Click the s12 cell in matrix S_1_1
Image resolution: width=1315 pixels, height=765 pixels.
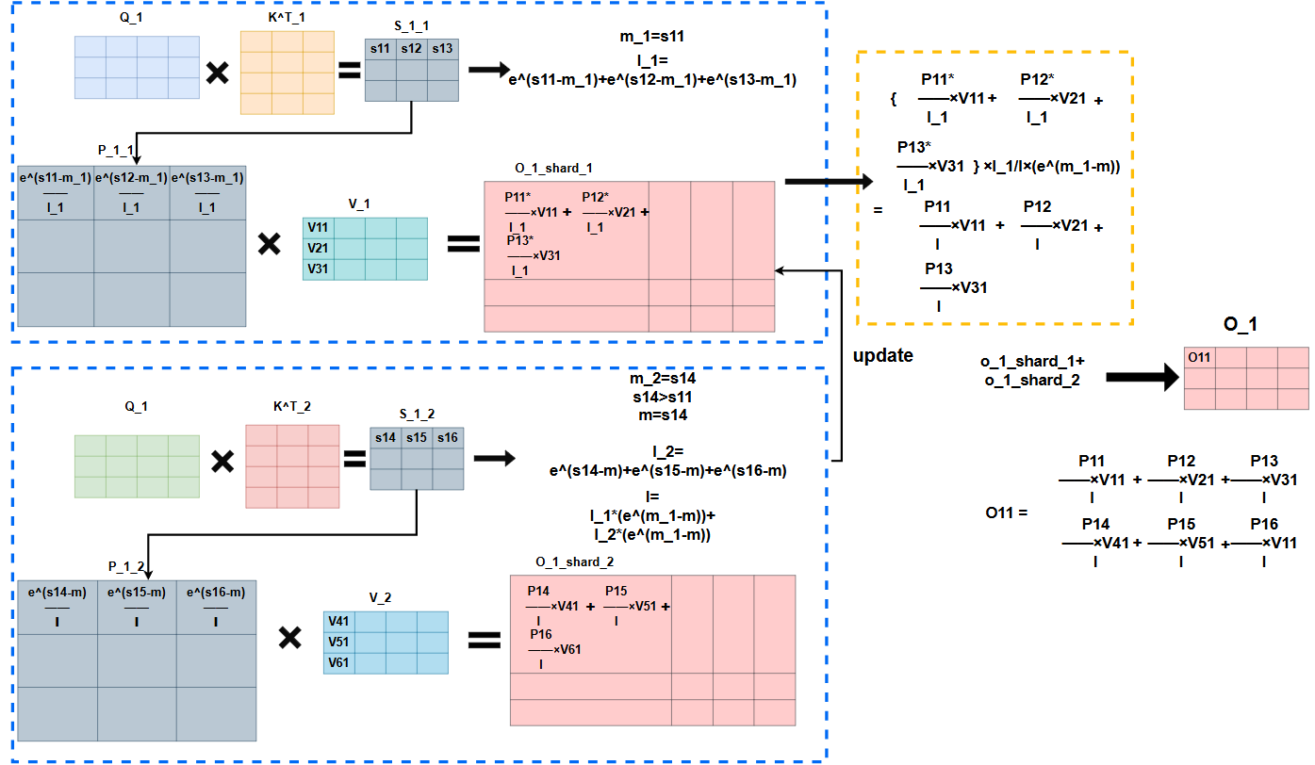click(x=412, y=48)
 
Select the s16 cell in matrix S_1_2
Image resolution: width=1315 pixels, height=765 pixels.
click(x=448, y=438)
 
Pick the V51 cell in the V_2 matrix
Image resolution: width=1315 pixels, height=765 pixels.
click(x=338, y=642)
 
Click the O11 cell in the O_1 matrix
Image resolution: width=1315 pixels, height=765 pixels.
click(x=1199, y=357)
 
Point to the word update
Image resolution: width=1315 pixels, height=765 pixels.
click(x=882, y=356)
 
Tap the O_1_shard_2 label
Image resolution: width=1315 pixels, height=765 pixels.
click(x=575, y=562)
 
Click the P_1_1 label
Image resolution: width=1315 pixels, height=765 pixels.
click(x=116, y=150)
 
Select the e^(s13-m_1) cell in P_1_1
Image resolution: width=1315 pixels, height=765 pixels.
click(x=207, y=192)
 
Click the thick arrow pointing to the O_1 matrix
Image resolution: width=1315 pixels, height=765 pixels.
click(x=1142, y=378)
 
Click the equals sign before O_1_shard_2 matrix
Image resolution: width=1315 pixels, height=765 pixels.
click(x=485, y=640)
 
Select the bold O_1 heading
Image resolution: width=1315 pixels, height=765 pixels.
click(x=1240, y=324)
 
